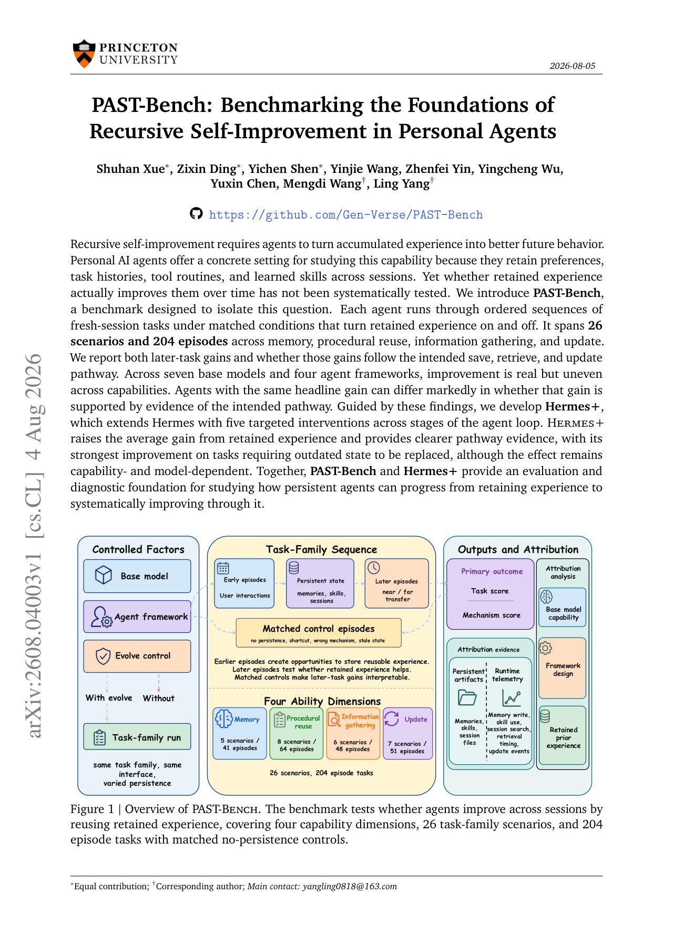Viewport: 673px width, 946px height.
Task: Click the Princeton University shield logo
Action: (84, 54)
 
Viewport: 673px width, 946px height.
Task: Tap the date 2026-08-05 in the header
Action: (573, 66)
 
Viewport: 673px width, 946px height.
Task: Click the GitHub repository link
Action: (345, 215)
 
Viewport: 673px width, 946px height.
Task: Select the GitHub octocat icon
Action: (196, 214)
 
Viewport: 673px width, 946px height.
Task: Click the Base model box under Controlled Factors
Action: (137, 576)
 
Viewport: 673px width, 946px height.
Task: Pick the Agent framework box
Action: (137, 616)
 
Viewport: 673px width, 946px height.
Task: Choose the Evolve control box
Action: (137, 656)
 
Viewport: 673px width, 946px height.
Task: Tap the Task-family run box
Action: (137, 737)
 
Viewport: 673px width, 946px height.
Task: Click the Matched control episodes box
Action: (319, 633)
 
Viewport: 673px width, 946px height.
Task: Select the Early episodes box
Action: (244, 583)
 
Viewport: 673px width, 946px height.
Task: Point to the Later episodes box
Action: (397, 583)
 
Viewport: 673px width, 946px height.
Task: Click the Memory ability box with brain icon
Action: (240, 733)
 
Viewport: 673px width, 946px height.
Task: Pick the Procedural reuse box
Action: (297, 733)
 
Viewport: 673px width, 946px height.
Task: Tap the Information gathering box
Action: (353, 733)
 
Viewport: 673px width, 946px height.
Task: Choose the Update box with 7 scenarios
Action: (407, 733)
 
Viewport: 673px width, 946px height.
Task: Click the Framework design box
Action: (563, 668)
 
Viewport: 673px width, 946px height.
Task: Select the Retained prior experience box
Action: (563, 735)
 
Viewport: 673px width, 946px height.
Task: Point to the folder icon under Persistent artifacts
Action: (467, 698)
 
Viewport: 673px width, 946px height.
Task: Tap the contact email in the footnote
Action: (350, 886)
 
